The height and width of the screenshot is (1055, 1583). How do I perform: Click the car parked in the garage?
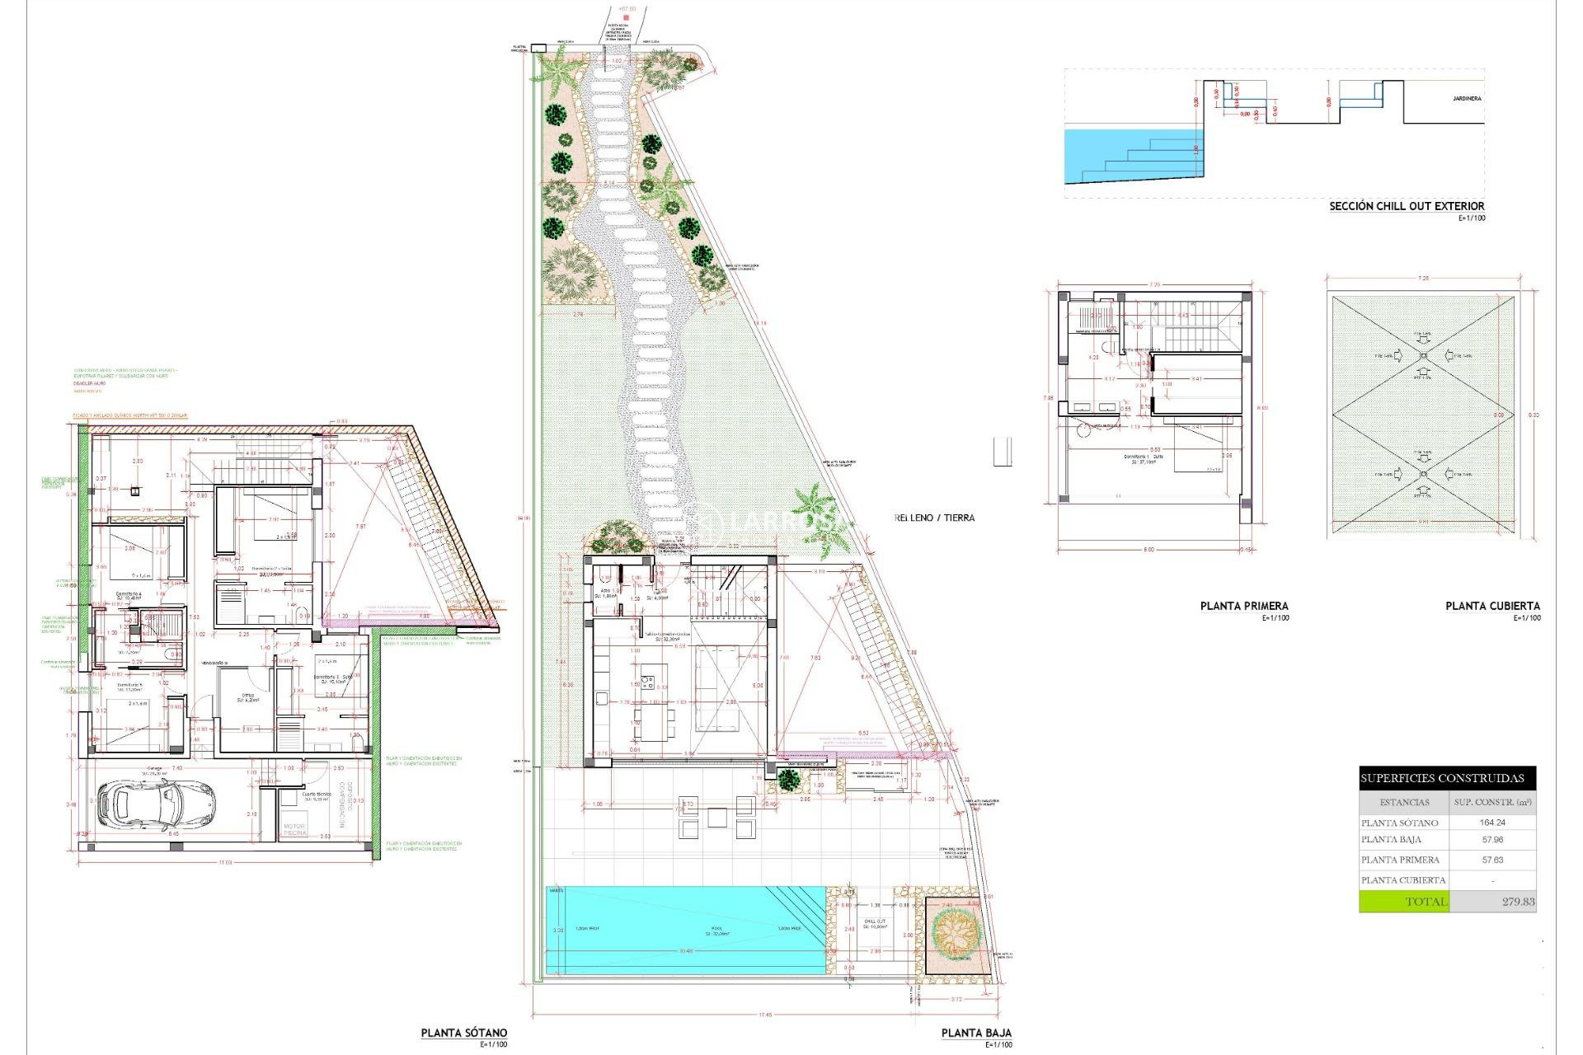156,804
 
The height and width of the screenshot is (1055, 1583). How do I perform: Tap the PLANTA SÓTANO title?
464,1033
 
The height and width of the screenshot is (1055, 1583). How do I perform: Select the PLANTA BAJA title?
976,1033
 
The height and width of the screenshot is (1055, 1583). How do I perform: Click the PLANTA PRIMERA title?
1244,606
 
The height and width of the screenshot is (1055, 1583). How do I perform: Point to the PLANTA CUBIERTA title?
1492,606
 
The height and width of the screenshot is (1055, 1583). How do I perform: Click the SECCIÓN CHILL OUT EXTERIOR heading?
1407,206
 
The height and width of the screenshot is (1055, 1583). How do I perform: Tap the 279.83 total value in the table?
1518,902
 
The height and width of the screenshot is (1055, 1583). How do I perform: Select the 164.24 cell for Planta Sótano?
1492,823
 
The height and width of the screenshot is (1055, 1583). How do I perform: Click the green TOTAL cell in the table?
1403,902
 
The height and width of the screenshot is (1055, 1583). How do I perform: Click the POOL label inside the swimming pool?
716,929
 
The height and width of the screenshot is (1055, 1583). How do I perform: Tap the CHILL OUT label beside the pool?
875,921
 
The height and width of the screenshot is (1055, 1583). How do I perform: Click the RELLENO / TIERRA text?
935,518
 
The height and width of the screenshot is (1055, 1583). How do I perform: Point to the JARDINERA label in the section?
1467,99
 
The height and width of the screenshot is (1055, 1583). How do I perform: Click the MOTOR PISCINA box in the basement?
294,829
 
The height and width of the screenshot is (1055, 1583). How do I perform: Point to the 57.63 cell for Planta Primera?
1492,860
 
